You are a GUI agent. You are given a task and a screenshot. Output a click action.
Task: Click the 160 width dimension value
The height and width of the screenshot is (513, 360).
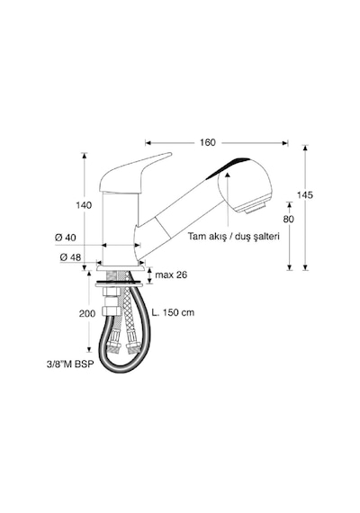click(208, 142)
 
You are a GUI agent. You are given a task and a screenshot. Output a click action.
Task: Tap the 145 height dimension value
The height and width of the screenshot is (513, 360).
click(305, 195)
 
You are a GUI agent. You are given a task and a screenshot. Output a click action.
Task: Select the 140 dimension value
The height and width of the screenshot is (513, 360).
click(84, 205)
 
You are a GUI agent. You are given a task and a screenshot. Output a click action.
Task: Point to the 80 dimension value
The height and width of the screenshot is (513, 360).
click(289, 220)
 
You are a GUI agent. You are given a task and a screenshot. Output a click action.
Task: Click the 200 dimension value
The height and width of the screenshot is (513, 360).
click(87, 314)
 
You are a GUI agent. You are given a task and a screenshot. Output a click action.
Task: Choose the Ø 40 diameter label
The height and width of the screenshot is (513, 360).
click(65, 238)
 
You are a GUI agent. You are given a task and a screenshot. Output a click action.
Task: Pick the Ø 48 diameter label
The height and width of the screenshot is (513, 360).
click(70, 257)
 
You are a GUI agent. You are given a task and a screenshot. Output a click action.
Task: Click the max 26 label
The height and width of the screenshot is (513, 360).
click(171, 274)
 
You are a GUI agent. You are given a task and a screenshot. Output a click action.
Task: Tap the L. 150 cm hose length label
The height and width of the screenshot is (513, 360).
click(173, 312)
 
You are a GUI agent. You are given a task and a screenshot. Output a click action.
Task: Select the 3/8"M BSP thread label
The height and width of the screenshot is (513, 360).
click(70, 364)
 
